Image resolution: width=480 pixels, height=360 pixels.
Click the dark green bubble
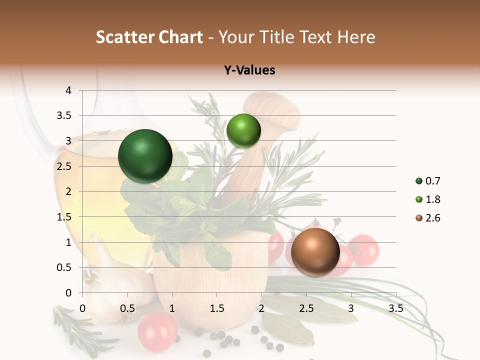(145, 156)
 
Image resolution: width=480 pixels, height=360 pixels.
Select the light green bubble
(243, 130)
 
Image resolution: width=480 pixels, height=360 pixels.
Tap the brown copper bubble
(315, 252)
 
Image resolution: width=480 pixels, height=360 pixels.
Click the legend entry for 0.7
(427, 181)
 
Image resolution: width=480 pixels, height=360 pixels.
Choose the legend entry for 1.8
(427, 199)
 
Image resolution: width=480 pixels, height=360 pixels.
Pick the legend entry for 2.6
(427, 218)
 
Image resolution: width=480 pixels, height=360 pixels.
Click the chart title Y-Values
(249, 70)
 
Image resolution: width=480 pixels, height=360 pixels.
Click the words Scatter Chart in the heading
(149, 37)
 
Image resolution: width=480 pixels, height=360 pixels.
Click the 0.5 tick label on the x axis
(127, 308)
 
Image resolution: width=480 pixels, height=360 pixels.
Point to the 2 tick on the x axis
(261, 308)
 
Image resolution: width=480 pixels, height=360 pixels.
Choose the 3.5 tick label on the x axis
(395, 308)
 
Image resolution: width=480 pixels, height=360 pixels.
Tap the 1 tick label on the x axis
(172, 308)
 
